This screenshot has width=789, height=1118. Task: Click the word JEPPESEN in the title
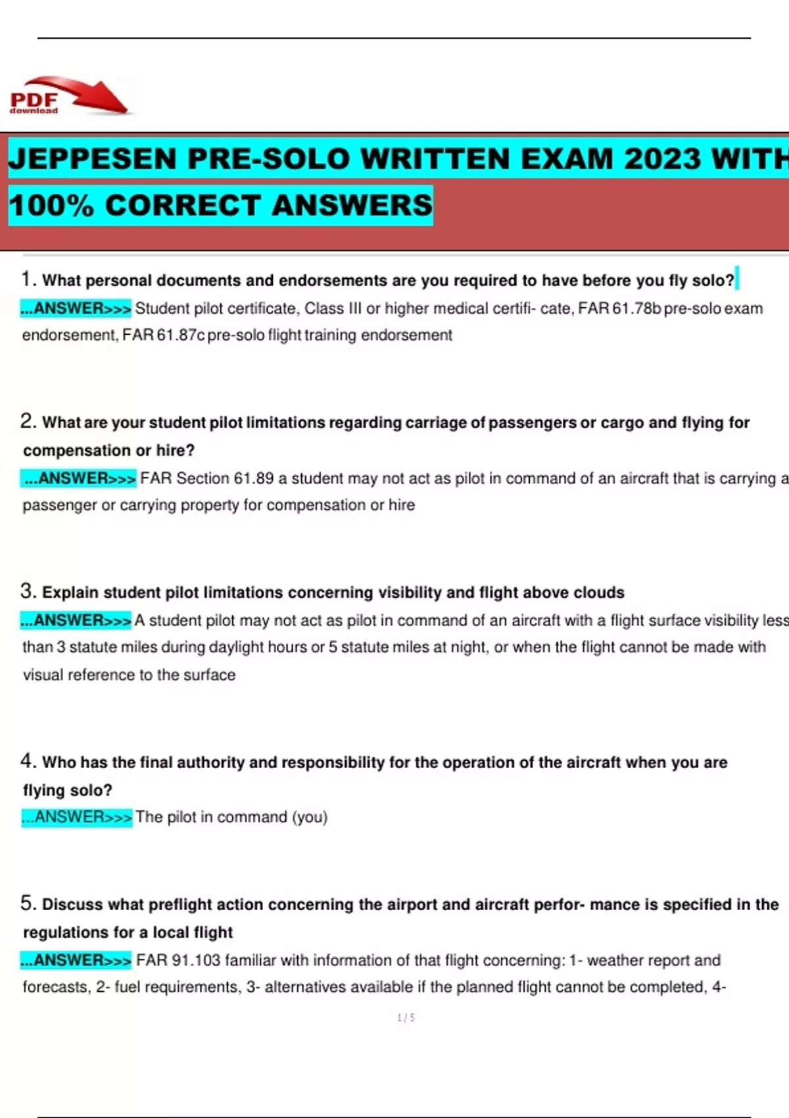click(93, 159)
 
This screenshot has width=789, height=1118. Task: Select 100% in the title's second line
click(51, 205)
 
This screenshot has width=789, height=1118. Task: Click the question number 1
click(26, 279)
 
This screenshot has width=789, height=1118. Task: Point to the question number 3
click(27, 591)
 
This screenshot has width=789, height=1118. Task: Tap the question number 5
click(27, 903)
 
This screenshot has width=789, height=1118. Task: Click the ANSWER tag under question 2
click(80, 478)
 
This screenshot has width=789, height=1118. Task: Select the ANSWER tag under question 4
click(77, 817)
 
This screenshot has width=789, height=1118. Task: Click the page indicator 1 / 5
click(406, 1017)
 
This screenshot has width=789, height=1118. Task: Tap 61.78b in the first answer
click(636, 308)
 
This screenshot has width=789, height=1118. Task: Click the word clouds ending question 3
click(598, 593)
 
